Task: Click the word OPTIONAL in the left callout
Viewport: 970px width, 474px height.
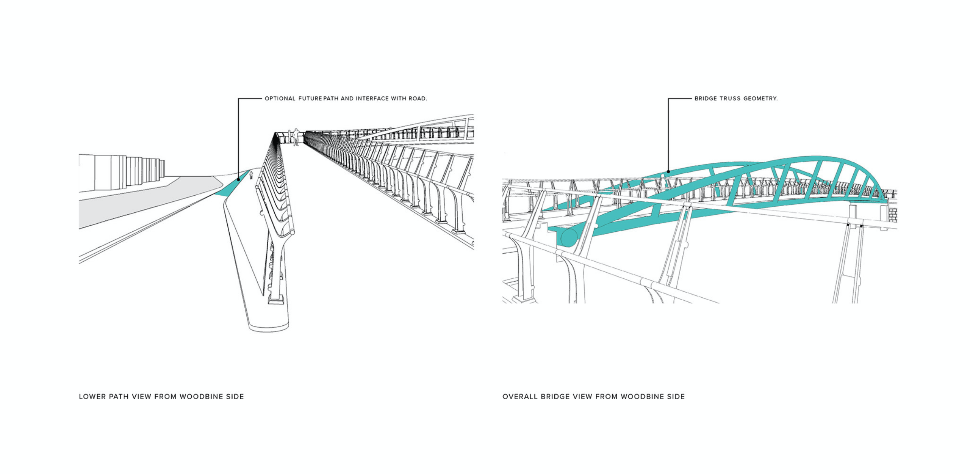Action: point(280,99)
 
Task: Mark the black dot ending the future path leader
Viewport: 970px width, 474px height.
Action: point(238,179)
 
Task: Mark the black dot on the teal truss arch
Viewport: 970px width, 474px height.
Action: point(668,171)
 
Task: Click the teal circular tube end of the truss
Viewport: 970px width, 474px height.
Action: point(568,237)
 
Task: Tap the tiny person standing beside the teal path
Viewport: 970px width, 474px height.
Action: point(251,175)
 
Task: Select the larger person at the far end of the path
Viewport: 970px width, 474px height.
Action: point(295,137)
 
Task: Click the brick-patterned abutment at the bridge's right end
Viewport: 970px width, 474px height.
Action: point(892,215)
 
